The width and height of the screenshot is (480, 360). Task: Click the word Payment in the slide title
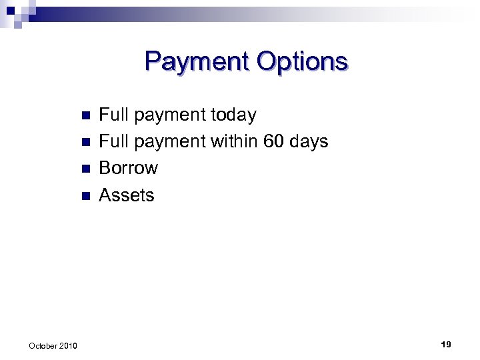tap(194, 61)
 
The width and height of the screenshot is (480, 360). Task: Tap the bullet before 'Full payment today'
tap(84, 115)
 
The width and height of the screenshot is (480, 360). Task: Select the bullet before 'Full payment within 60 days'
tap(84, 142)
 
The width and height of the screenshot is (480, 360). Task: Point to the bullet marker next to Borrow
tap(84, 169)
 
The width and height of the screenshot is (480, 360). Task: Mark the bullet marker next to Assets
tap(84, 195)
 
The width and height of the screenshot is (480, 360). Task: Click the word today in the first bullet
tap(233, 115)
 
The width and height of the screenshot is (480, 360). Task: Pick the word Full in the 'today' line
tap(113, 115)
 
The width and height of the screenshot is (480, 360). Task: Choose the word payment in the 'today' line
tap(170, 117)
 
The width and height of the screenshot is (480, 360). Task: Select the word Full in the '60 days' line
tap(113, 142)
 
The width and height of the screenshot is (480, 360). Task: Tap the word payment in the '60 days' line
tap(170, 143)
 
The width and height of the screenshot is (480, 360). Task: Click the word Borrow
tap(128, 168)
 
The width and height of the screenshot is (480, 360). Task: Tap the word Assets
tap(126, 195)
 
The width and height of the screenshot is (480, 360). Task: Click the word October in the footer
tap(43, 345)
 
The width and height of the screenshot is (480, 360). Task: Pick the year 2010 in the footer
tap(68, 345)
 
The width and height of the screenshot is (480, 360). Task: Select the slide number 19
tap(446, 344)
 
